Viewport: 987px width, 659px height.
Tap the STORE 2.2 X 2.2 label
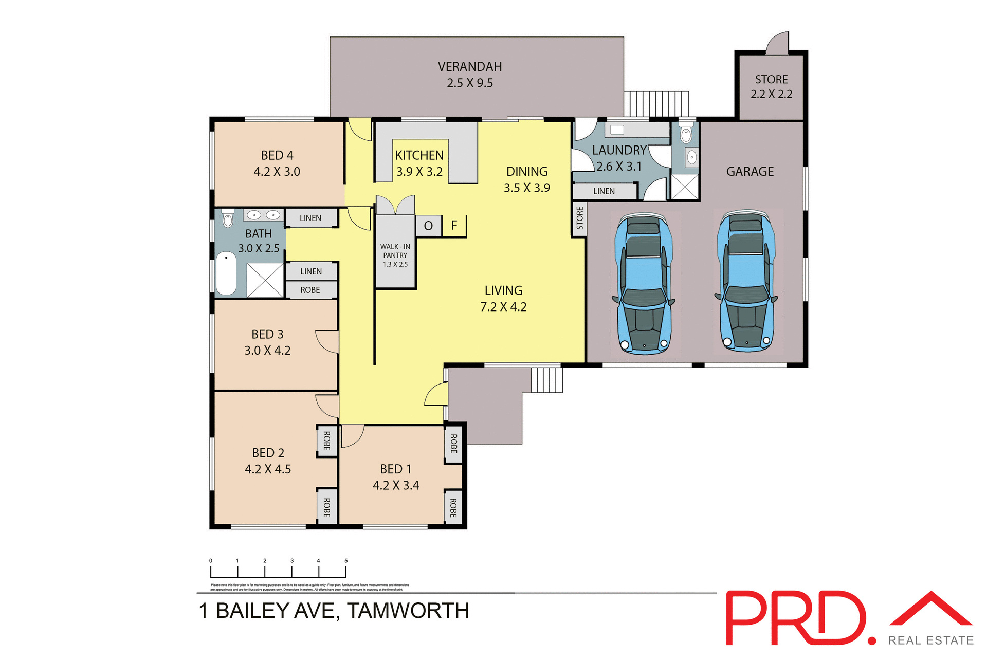[x=771, y=87]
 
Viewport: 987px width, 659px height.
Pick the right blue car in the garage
[x=746, y=281]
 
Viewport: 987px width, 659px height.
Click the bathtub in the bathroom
[x=226, y=273]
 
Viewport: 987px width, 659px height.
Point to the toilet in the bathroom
[x=228, y=218]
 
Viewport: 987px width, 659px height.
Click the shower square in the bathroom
[x=265, y=280]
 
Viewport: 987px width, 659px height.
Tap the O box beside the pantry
[x=428, y=226]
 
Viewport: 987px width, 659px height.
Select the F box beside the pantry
[x=454, y=225]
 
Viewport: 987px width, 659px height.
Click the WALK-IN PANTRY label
[x=395, y=255]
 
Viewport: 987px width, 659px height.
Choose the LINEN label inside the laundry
[x=604, y=191]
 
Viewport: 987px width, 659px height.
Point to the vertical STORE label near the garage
[x=580, y=218]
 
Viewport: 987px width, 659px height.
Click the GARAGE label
[x=750, y=172]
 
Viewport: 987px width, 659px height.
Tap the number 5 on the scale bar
[x=346, y=561]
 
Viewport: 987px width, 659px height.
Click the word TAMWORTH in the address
[x=408, y=611]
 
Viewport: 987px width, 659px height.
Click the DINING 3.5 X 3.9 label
[x=526, y=179]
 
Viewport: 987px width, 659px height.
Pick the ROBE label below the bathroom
[x=310, y=290]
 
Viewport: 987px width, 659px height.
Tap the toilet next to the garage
[x=686, y=134]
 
